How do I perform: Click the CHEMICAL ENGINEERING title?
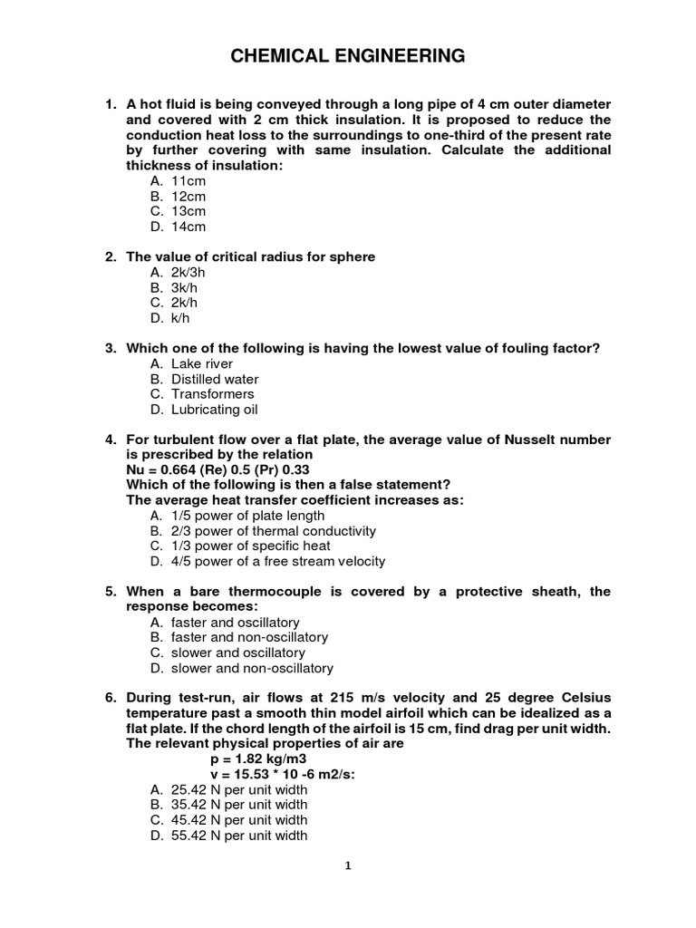pos(348,57)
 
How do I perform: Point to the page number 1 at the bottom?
pos(347,865)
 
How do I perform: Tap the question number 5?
pos(110,592)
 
